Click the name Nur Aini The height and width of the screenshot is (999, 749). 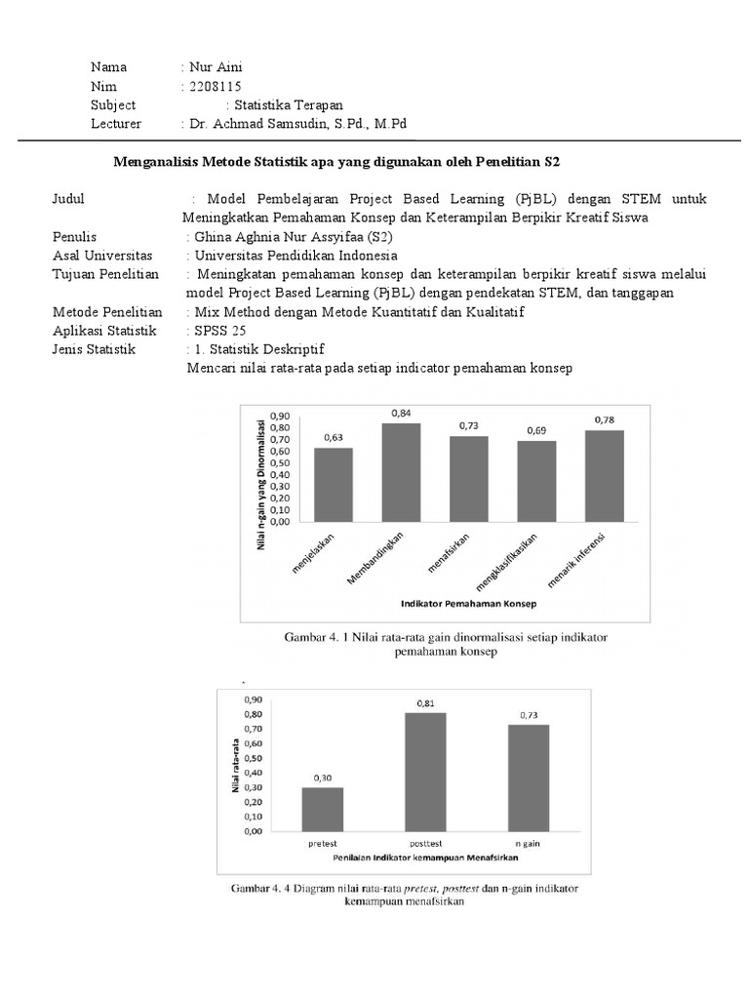[216, 67]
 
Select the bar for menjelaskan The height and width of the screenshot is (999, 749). [333, 484]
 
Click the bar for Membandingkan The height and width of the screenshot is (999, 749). [401, 472]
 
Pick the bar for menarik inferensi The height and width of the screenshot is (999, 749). [604, 475]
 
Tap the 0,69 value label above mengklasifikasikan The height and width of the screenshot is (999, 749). [537, 430]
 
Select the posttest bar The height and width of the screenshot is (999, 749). [425, 772]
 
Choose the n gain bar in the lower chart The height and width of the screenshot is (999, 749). [528, 778]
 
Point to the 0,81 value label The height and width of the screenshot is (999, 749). [425, 702]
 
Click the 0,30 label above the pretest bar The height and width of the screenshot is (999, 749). [322, 778]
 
